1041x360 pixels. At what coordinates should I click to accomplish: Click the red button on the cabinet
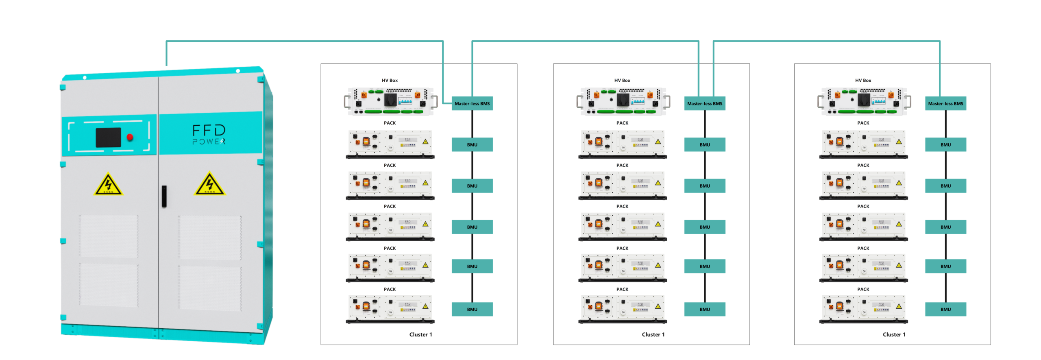coord(130,137)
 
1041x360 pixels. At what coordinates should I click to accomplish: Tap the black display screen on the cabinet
coord(108,137)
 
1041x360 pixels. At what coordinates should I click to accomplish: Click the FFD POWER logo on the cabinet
coord(209,135)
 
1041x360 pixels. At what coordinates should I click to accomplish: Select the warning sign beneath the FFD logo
coord(209,185)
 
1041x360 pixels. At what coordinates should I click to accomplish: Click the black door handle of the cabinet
coord(164,196)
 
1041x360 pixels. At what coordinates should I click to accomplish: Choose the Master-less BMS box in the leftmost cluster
coord(472,104)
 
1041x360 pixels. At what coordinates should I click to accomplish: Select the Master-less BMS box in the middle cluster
coord(705,104)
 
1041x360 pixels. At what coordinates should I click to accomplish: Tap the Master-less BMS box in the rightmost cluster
coord(945,104)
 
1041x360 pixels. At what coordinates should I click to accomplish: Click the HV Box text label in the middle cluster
coord(622,81)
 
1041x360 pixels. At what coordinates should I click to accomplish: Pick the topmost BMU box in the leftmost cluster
coord(472,145)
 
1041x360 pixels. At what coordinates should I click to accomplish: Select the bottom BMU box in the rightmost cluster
coord(945,310)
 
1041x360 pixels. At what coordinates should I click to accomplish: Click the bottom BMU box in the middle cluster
coord(705,310)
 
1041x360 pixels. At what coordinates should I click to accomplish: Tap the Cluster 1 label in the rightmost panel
coord(894,335)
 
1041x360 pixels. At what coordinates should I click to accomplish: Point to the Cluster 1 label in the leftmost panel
coord(420,335)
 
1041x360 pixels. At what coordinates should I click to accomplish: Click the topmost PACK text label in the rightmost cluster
coord(863,123)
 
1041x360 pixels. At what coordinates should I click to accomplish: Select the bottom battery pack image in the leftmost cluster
coord(390,309)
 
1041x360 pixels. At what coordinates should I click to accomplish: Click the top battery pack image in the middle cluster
coord(623,144)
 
